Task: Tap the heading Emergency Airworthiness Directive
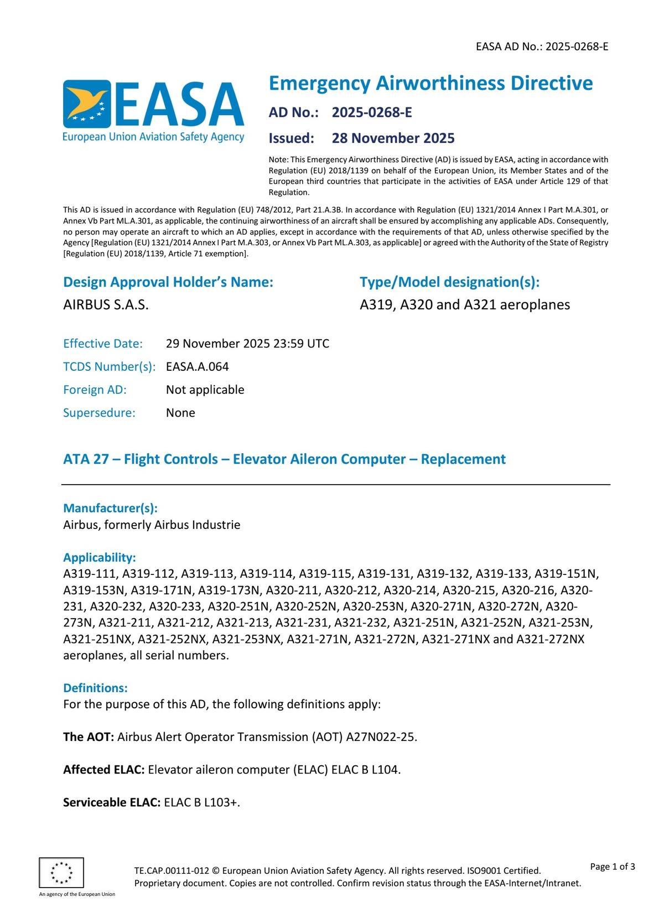click(x=430, y=84)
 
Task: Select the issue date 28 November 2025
click(x=393, y=138)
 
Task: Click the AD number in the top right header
click(x=577, y=46)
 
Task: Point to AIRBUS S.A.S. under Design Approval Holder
click(x=106, y=305)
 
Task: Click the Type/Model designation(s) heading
click(x=449, y=282)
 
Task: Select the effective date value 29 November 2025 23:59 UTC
click(x=247, y=344)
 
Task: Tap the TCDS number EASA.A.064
click(x=197, y=367)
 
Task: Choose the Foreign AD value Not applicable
click(x=205, y=390)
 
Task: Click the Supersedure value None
click(x=180, y=413)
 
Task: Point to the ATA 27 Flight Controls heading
click(x=284, y=459)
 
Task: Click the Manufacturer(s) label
click(x=110, y=508)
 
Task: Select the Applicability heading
click(x=100, y=557)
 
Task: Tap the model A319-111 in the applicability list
click(x=90, y=573)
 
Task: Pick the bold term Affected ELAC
click(x=104, y=770)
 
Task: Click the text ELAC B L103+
click(x=202, y=802)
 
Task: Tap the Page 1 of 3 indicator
click(x=613, y=867)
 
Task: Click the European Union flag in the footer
click(x=61, y=873)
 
